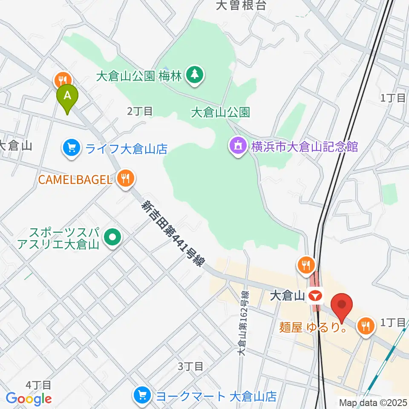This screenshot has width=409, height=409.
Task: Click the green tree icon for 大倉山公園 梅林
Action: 195,75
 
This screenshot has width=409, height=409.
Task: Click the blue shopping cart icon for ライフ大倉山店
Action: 71,149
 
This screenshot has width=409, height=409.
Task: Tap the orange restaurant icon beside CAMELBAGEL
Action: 125,179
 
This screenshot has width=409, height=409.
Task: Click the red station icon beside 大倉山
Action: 316,295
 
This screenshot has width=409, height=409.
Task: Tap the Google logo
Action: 29,399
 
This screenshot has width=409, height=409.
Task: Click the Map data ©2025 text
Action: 373,403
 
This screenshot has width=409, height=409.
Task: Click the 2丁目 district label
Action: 140,111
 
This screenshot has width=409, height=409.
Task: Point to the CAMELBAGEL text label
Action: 75,180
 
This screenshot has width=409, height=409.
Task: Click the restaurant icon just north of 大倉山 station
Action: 305,265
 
